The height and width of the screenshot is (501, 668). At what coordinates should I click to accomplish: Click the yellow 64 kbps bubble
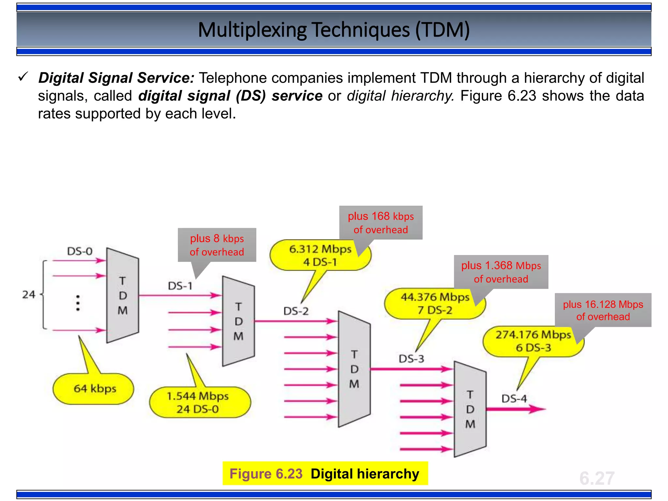(x=93, y=389)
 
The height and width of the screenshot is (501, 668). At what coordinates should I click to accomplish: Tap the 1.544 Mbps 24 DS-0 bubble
(x=200, y=402)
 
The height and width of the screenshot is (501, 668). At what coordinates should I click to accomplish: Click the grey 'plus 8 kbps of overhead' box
(x=217, y=245)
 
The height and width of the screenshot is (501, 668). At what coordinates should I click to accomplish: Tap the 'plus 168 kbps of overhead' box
(x=381, y=223)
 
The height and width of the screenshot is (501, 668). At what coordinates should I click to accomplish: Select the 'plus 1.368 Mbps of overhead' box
(x=501, y=272)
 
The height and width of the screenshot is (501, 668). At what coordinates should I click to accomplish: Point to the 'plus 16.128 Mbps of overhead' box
(x=603, y=310)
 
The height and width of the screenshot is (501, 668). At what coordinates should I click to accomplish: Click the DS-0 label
(x=80, y=251)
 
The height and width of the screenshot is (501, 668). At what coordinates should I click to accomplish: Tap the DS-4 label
(x=514, y=399)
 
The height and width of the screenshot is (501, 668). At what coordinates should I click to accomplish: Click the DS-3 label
(x=411, y=359)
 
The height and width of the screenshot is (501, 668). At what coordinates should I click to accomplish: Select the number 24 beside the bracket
(x=29, y=295)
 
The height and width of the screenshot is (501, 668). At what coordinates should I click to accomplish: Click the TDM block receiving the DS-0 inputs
(x=123, y=296)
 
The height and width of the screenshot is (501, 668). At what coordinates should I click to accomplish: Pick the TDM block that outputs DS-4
(x=470, y=409)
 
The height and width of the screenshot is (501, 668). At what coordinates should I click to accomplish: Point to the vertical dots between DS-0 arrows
(x=78, y=303)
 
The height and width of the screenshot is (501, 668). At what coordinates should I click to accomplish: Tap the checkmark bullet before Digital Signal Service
(x=23, y=77)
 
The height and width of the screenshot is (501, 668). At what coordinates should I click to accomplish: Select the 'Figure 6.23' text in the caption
(x=266, y=474)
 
